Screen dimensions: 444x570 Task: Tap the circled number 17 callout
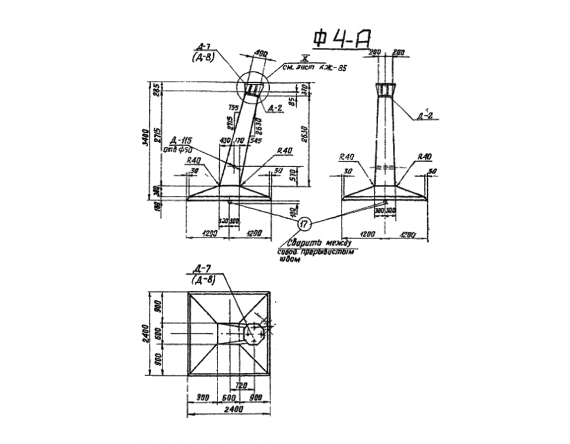(304, 223)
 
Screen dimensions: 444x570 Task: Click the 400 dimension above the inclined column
(261, 54)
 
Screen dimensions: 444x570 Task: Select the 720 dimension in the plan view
(240, 385)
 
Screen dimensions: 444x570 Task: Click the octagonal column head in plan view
(254, 333)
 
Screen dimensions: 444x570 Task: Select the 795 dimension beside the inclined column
(234, 107)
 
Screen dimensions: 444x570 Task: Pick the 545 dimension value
(255, 140)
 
